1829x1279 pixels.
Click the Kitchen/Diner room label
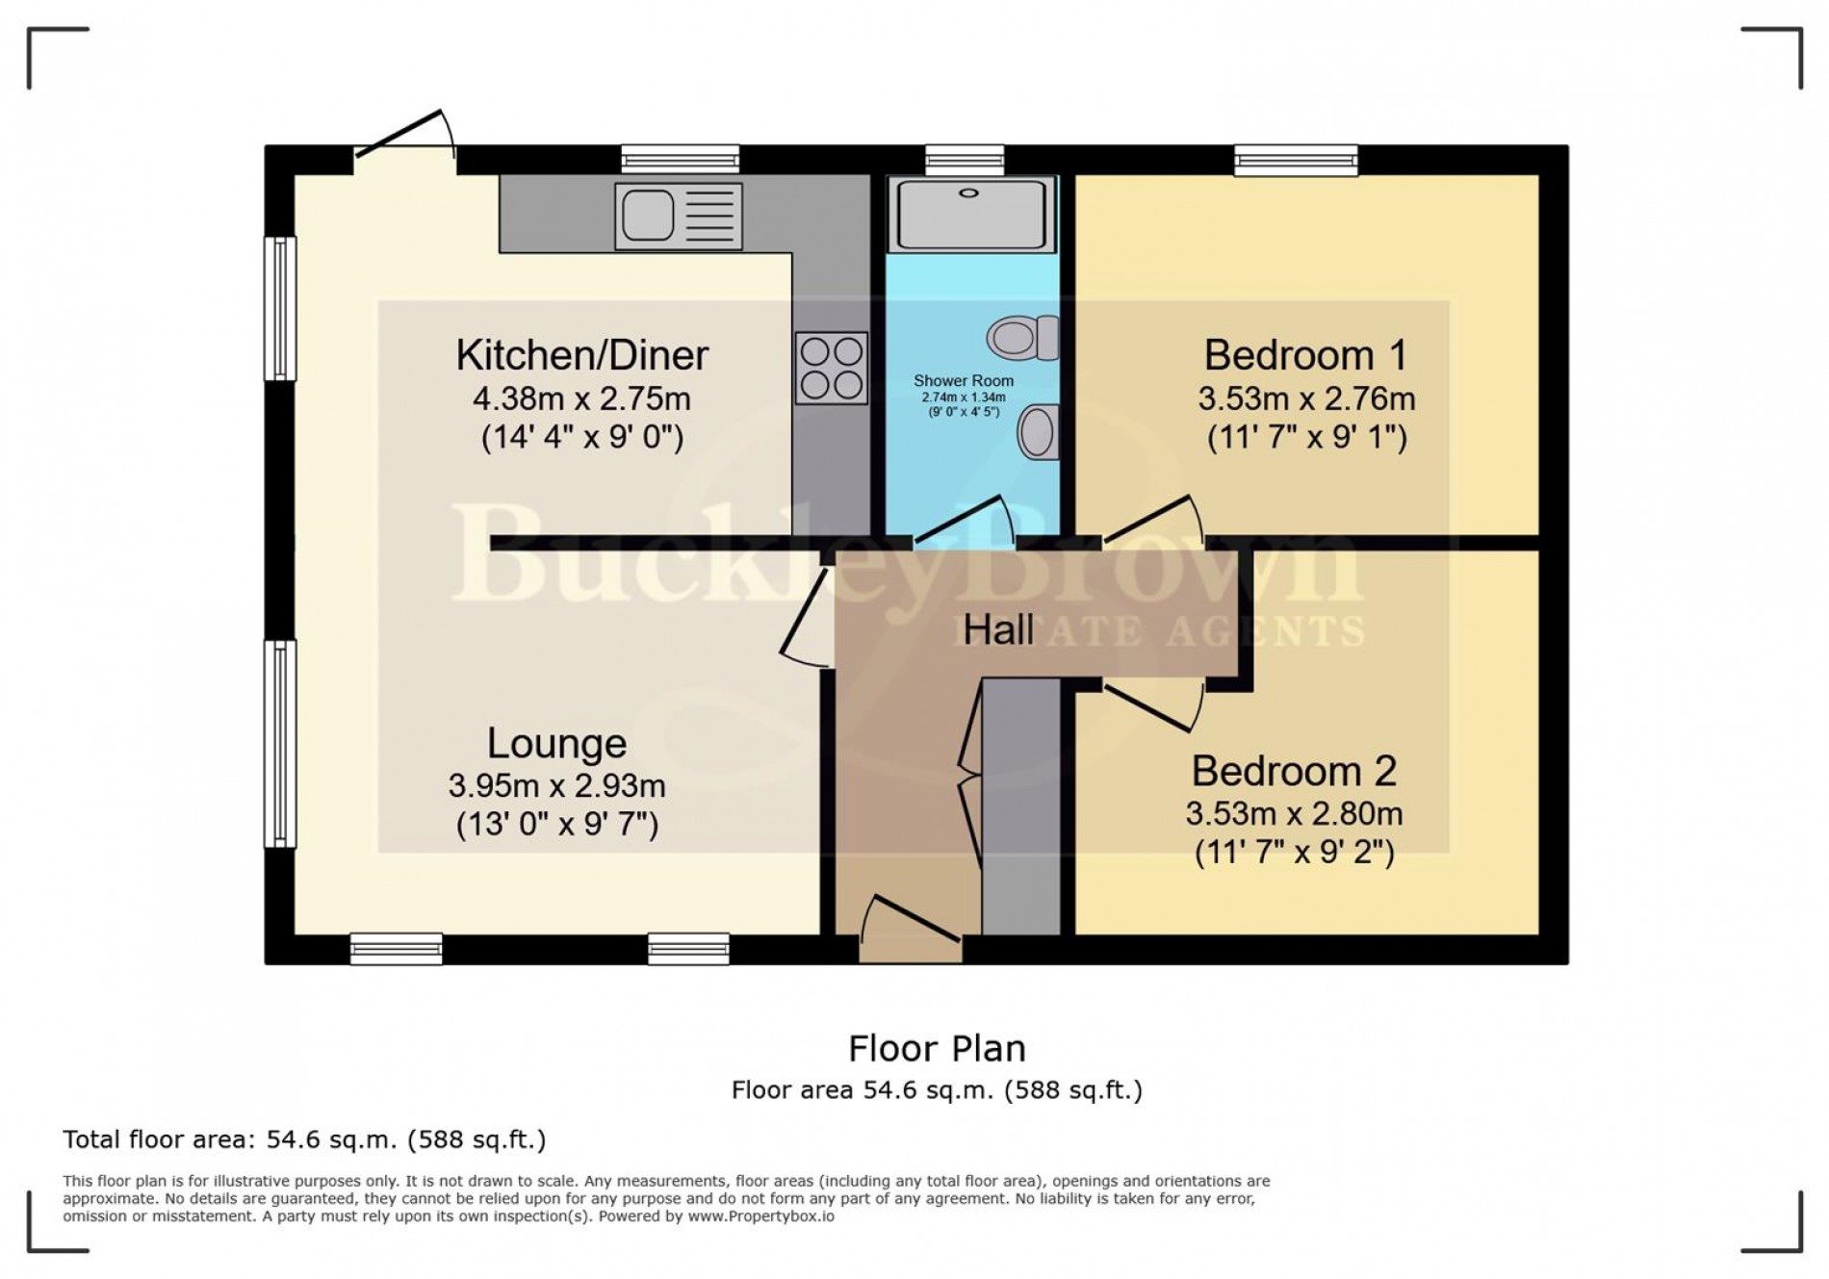[x=581, y=355]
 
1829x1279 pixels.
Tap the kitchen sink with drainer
[x=678, y=216]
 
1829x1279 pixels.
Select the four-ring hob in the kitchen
[x=832, y=368]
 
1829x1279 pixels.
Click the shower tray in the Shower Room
[x=970, y=214]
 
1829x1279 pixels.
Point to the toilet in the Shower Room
[x=1020, y=338]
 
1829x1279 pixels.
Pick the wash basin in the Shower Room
[x=1038, y=431]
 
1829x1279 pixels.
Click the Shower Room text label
[x=963, y=381]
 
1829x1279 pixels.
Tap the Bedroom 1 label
[x=1304, y=355]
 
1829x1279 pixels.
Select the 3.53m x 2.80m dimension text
[x=1293, y=814]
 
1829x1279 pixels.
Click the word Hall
[x=998, y=630]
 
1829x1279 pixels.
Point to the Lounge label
[x=556, y=743]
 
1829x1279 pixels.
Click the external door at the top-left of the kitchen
[x=404, y=140]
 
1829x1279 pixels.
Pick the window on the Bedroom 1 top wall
[x=1296, y=160]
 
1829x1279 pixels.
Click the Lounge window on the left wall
[x=280, y=743]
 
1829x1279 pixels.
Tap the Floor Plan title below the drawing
[x=936, y=1048]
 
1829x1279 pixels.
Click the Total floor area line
[x=304, y=1139]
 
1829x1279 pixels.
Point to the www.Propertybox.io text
[x=760, y=1216]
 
